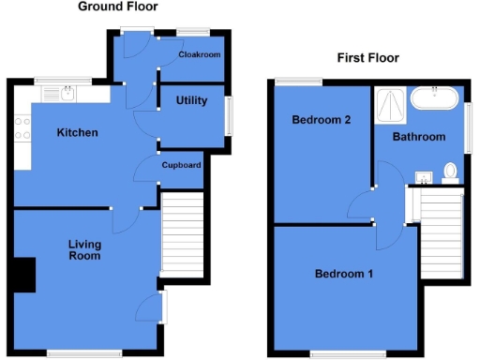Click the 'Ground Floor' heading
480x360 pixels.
(x=117, y=7)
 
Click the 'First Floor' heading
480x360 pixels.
(x=367, y=58)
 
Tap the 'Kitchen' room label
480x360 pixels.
(x=77, y=133)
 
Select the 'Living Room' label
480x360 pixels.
(x=84, y=249)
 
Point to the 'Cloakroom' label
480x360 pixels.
(x=199, y=55)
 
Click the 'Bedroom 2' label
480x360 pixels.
(x=321, y=120)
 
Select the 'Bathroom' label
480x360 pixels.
(x=418, y=137)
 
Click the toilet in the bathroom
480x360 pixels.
(x=450, y=172)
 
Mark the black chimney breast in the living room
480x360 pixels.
(x=25, y=275)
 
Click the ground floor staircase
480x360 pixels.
(x=183, y=233)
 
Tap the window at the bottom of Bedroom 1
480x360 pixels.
(x=343, y=354)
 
